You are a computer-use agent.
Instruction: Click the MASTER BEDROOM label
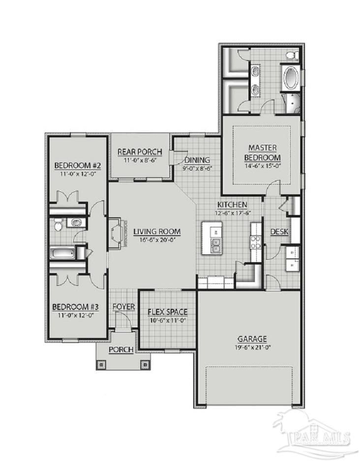pyautogui.click(x=262, y=153)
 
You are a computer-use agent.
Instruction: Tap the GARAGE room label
pyautogui.click(x=252, y=338)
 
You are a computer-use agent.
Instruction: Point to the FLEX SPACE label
pyautogui.click(x=168, y=312)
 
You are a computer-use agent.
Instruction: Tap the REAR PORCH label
pyautogui.click(x=137, y=152)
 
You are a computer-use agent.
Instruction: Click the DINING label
pyautogui.click(x=197, y=160)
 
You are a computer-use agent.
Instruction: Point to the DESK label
pyautogui.click(x=279, y=232)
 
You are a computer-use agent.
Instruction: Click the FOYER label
pyautogui.click(x=123, y=307)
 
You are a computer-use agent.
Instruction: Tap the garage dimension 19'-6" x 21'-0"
pyautogui.click(x=252, y=347)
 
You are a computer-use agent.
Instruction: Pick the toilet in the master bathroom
pyautogui.click(x=291, y=54)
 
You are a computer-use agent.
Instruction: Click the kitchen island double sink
pyautogui.click(x=215, y=246)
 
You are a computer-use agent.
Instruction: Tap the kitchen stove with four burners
pyautogui.click(x=255, y=243)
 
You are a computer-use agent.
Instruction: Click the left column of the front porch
pyautogui.click(x=102, y=365)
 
